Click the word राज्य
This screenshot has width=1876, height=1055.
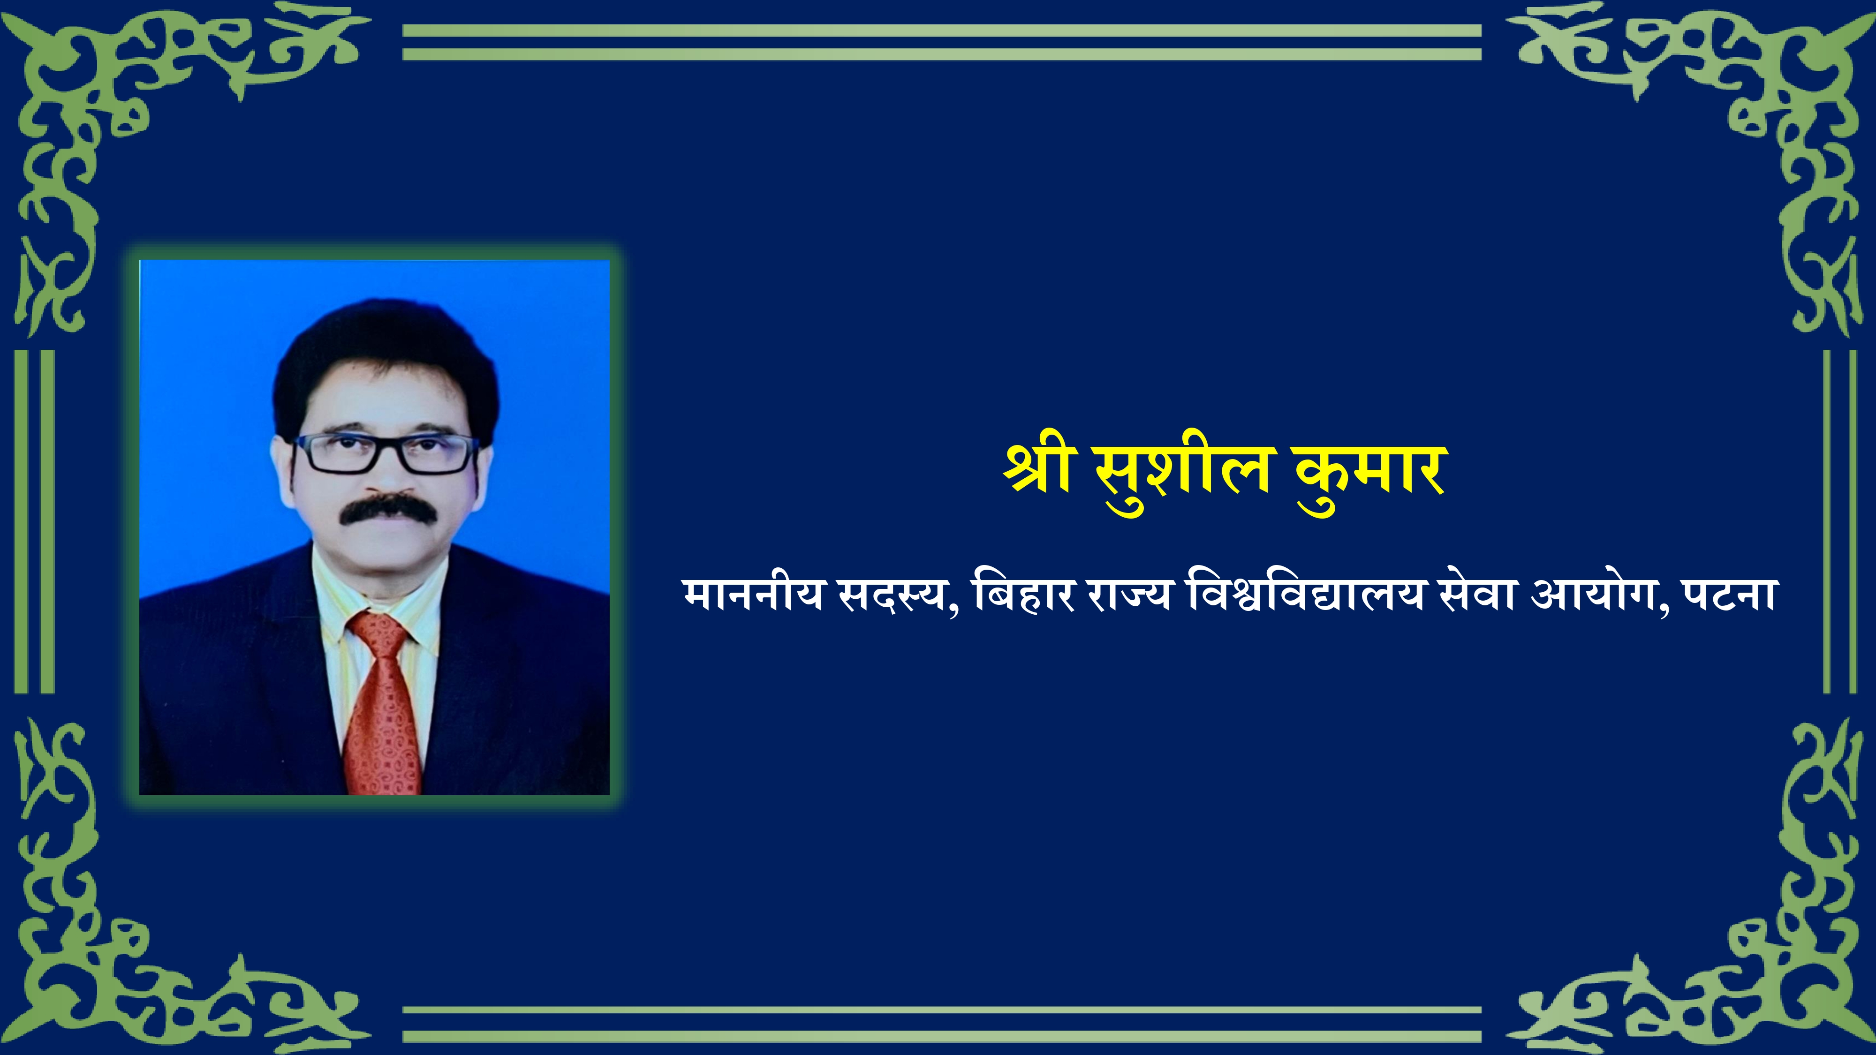(1129, 595)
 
